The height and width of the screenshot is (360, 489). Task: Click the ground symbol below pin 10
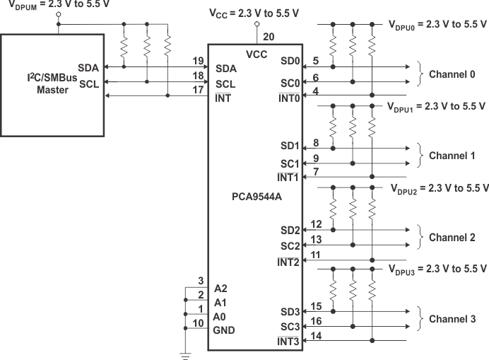186,355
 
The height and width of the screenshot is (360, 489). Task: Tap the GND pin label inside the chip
224,330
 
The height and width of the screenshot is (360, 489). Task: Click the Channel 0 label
452,74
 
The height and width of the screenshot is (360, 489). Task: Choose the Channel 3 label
452,319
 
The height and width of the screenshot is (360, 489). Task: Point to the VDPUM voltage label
47,5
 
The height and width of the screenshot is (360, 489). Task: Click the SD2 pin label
289,231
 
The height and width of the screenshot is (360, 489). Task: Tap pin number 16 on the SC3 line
316,321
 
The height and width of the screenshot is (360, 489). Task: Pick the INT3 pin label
288,342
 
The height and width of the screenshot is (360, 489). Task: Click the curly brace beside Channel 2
421,238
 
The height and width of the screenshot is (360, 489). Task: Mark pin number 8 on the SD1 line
316,141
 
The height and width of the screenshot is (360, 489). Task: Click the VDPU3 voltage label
437,269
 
